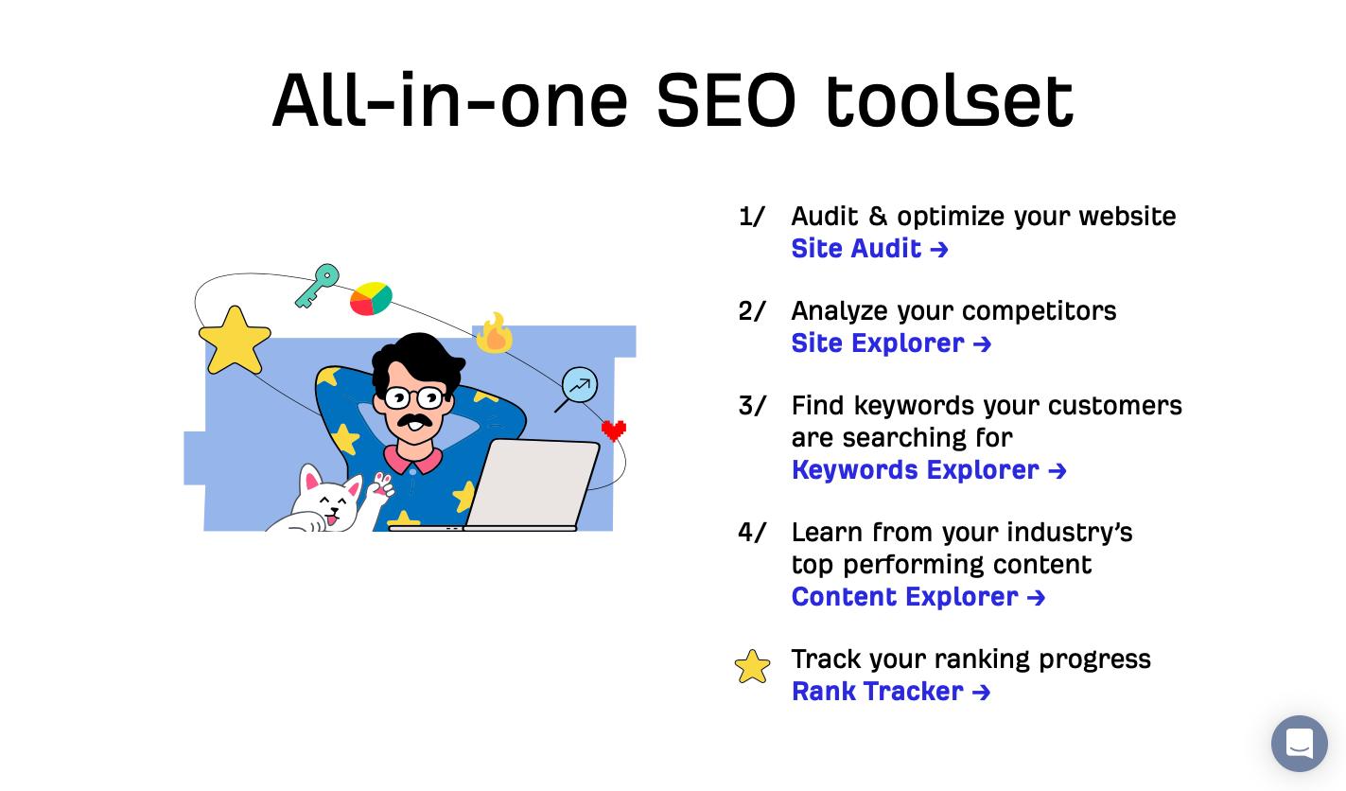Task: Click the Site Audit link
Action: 869,249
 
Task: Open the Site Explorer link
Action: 891,343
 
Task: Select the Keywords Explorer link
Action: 929,470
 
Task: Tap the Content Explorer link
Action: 918,597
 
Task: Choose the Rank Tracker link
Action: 891,692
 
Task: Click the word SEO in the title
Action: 725,99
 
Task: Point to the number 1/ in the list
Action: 752,217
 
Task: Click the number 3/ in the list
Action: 752,406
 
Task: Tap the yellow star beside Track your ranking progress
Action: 752,667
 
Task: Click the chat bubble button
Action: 1299,744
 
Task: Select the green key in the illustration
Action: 317,286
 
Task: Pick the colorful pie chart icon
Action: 372,298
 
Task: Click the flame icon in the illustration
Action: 495,333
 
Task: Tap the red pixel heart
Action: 614,430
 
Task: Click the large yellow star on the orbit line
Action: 235,340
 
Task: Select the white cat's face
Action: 329,501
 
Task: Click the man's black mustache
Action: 413,421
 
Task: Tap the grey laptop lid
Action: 533,483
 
